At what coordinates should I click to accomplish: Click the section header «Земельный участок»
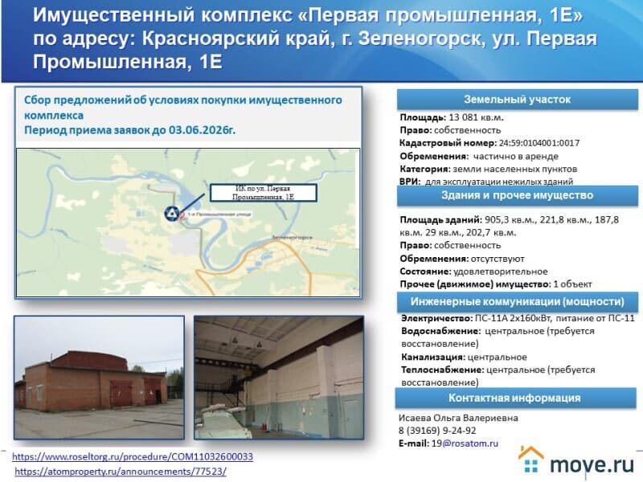(x=518, y=100)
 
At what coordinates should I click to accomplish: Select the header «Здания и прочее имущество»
(x=518, y=195)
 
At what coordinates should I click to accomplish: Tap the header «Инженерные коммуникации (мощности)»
(x=518, y=301)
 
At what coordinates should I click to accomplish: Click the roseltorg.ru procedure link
(x=133, y=456)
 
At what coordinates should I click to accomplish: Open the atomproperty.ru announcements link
(x=121, y=472)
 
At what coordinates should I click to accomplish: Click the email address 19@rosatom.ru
(x=465, y=443)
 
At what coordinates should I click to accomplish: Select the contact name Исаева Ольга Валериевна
(x=458, y=418)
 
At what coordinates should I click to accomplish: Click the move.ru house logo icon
(x=532, y=460)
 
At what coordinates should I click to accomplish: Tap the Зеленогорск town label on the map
(x=292, y=239)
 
